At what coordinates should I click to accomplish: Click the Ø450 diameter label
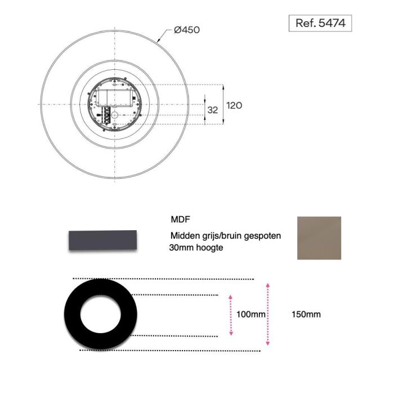coord(187,29)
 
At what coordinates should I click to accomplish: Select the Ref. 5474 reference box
coord(320,24)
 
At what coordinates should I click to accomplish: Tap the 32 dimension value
coord(212,110)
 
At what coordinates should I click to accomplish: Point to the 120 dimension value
coord(234,105)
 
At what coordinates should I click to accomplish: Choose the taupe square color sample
coord(319,238)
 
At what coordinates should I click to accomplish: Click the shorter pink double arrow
coord(231,315)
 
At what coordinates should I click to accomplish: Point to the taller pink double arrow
coord(267,315)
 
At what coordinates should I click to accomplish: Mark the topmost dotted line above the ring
coord(163,279)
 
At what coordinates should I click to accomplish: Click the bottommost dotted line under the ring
coord(169,351)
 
